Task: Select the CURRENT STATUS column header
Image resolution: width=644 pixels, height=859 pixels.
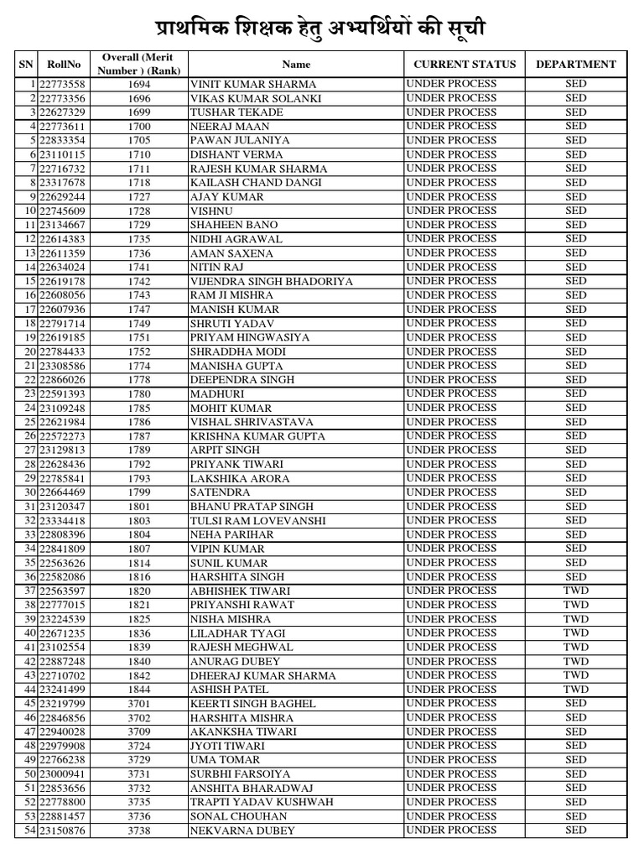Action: click(465, 64)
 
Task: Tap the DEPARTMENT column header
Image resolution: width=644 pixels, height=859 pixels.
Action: click(575, 64)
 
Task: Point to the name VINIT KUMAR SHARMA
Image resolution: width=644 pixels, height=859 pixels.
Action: click(253, 85)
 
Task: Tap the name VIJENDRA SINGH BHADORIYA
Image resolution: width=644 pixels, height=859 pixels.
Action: click(272, 281)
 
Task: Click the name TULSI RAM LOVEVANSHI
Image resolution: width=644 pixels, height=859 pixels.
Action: click(252, 521)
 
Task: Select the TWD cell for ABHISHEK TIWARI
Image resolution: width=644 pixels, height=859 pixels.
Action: click(575, 591)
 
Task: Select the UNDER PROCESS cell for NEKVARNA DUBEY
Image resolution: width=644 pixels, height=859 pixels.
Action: click(450, 830)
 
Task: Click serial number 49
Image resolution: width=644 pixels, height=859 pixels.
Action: click(31, 760)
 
